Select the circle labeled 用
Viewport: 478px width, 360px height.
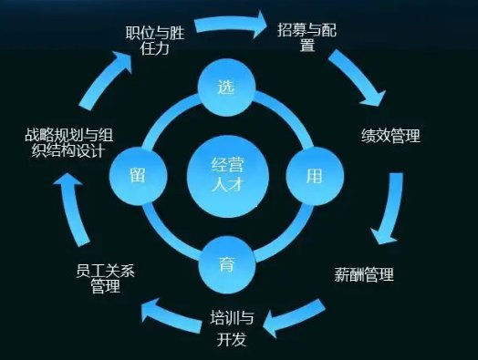click(313, 176)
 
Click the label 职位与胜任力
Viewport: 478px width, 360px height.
click(154, 40)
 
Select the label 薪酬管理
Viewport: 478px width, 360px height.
click(364, 273)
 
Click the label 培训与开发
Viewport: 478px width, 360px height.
click(232, 329)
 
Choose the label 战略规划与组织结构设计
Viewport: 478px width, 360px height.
click(70, 145)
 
